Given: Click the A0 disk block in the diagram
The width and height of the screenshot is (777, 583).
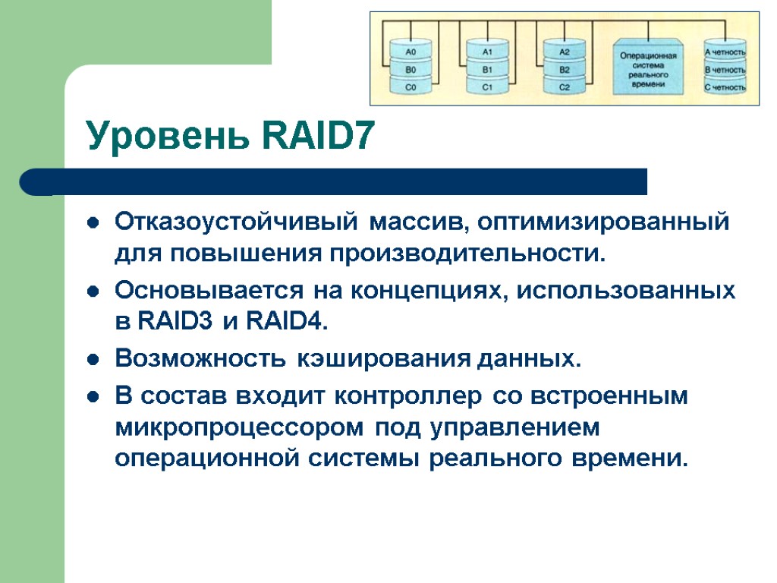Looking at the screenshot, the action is [411, 52].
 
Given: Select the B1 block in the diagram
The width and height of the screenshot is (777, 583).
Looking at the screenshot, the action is [488, 70].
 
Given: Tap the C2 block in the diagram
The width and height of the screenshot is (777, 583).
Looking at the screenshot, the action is [565, 87].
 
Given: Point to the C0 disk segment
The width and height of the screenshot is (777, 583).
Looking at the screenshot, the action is [411, 87].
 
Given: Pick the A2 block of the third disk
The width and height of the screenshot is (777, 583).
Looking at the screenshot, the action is [565, 52].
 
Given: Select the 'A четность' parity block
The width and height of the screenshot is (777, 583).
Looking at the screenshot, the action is [725, 52].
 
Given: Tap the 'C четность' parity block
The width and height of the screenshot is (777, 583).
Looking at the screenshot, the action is [725, 87].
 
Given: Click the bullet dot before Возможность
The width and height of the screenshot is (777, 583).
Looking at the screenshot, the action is [93, 359].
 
